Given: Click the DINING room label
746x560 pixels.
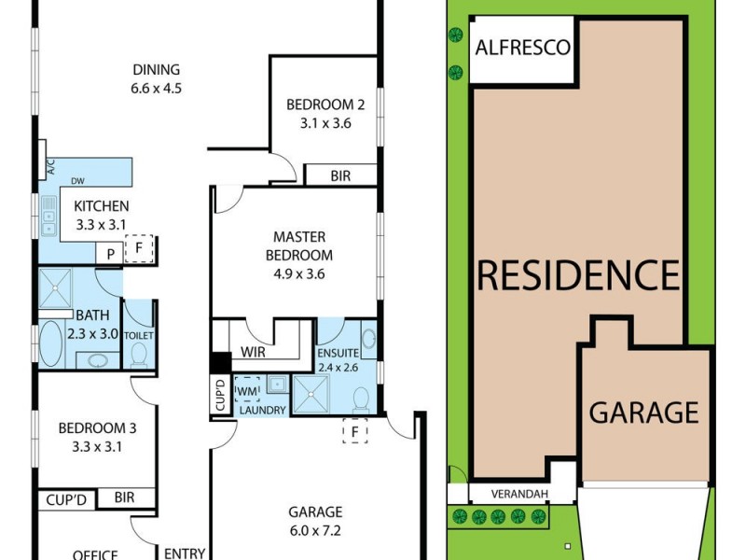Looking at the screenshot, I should coord(156,70).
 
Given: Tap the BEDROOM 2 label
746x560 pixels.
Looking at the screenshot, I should coord(325,105).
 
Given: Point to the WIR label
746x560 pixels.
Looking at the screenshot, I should coord(254,353).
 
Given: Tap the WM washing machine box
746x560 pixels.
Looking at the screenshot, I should coord(247,388).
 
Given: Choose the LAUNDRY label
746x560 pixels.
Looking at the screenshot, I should coord(261,410).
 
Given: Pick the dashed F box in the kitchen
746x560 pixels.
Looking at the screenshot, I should coord(139,248).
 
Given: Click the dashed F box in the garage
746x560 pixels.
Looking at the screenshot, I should coord(354,432).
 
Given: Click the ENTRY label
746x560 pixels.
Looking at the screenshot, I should coord(184,553).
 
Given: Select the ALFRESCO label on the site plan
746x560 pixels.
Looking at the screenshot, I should coord(522,47).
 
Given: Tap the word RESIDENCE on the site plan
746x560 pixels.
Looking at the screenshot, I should coord(578,275).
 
